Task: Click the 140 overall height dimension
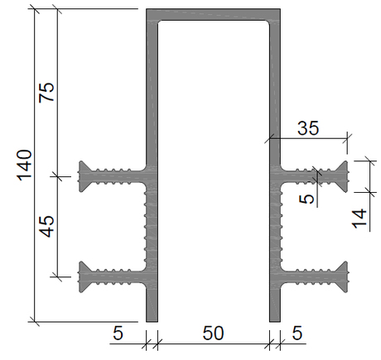[x=25, y=165]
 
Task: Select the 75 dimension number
[x=46, y=93]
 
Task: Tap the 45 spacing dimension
[x=46, y=227]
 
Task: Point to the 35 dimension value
[x=308, y=128]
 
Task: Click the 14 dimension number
[x=359, y=219]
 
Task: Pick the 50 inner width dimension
[x=213, y=333]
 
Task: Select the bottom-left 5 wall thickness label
[x=118, y=333]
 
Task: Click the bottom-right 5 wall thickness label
[x=297, y=333]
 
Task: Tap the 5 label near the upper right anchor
[x=307, y=199]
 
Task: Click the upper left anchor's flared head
[x=84, y=176]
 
